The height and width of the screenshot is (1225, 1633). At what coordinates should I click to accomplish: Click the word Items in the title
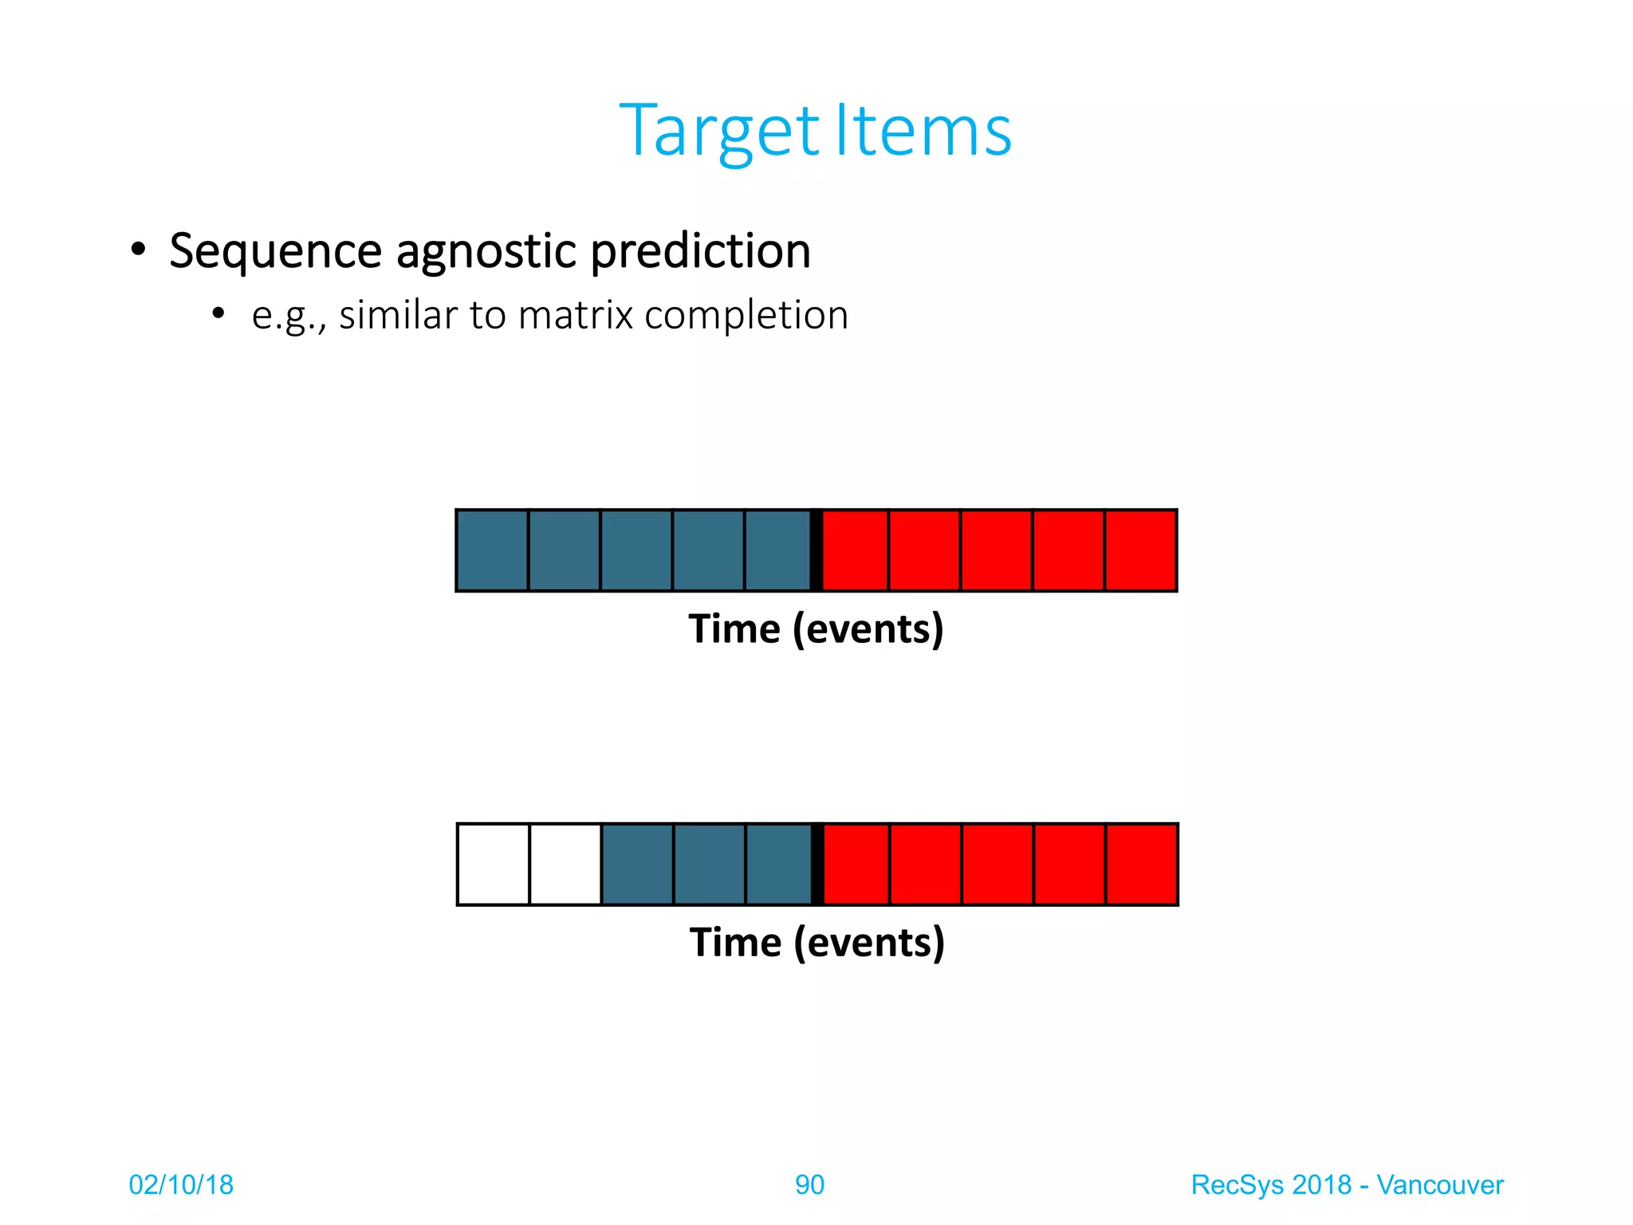(923, 132)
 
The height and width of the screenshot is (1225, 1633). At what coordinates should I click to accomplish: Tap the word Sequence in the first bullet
(275, 252)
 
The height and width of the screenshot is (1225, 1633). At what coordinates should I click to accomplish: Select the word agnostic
(486, 252)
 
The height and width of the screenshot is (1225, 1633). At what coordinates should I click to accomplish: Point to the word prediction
(700, 252)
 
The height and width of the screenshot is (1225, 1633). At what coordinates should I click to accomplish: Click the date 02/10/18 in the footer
(181, 1185)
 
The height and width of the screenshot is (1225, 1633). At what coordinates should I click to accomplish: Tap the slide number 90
(809, 1185)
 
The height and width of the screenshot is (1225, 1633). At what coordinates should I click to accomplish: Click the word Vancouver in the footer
(1439, 1185)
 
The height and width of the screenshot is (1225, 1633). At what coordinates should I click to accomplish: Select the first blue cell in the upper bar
(492, 550)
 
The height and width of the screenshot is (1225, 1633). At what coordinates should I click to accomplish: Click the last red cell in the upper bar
(1140, 550)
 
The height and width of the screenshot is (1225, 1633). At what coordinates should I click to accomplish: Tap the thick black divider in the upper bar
(816, 550)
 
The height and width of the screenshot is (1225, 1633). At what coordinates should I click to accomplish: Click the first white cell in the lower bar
(493, 865)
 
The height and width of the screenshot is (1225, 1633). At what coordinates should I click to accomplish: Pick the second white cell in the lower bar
(565, 865)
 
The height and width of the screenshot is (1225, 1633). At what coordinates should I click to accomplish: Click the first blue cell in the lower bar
(637, 865)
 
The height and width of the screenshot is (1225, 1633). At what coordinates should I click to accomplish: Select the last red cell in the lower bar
(1141, 865)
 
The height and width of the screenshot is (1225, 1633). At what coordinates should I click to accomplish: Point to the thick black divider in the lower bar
(817, 865)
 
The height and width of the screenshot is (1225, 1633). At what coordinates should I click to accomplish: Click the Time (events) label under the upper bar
(816, 629)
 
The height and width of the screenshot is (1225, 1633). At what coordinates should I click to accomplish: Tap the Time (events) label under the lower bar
(816, 943)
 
